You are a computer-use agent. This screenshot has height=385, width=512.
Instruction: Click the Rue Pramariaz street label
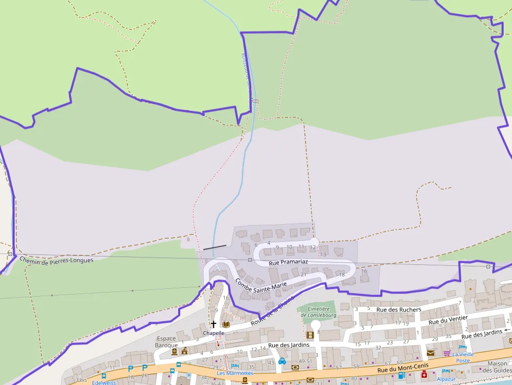[288, 263]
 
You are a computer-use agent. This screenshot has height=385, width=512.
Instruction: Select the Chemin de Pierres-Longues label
[56, 260]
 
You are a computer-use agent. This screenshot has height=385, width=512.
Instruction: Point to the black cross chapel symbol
[213, 324]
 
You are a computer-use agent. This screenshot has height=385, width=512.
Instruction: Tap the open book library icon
[226, 324]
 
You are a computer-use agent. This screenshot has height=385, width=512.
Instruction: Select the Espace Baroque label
[166, 342]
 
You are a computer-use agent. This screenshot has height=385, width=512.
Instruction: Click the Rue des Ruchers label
[399, 309]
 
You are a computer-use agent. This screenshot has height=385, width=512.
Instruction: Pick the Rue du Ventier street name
[448, 320]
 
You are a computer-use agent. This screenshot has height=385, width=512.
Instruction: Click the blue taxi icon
[282, 360]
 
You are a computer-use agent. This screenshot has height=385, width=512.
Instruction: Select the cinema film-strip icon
[310, 335]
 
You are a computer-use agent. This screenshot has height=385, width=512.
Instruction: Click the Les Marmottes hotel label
[236, 373]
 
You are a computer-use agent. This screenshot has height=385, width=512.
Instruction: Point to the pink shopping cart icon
[447, 353]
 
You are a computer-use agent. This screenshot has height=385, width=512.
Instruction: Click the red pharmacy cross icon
[424, 375]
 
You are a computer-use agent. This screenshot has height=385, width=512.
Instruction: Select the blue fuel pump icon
[401, 375]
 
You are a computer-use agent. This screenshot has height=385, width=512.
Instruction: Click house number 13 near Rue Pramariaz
[323, 254]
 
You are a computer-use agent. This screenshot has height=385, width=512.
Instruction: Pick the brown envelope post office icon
[430, 353]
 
